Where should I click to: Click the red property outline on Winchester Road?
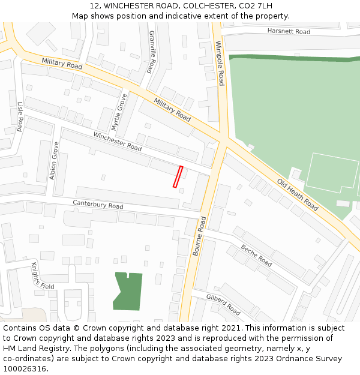point(178,177)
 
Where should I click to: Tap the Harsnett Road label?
point(289,31)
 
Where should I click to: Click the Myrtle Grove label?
point(120,112)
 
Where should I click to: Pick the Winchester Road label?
point(118,142)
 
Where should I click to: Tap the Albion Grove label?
point(54,161)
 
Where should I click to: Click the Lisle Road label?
point(20,116)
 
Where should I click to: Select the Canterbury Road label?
point(98,204)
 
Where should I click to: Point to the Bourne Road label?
point(199,236)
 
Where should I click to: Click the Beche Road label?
point(256,256)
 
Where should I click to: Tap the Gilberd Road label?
point(223,305)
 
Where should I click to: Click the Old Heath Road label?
point(298,194)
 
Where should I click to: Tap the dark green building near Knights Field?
point(127,291)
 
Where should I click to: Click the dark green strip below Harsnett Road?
point(288,58)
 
